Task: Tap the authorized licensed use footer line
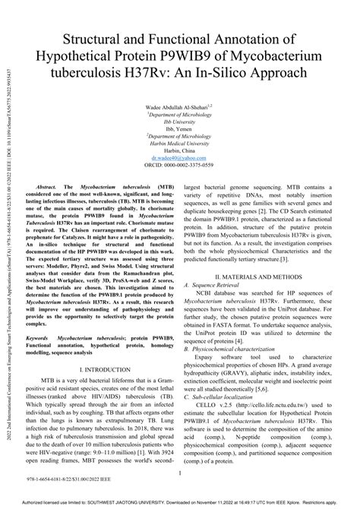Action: point(180,502)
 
